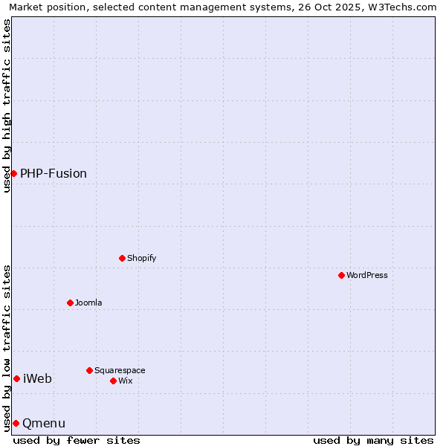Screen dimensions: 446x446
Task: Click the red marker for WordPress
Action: tap(341, 275)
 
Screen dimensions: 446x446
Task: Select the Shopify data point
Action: tap(122, 258)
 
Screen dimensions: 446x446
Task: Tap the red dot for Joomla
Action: tap(70, 303)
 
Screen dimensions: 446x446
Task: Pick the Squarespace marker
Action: tap(89, 370)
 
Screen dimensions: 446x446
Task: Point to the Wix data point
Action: tap(113, 381)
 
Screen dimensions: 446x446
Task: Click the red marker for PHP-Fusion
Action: tap(13, 173)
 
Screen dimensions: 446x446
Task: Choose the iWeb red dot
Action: tap(16, 378)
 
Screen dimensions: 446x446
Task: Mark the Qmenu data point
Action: tap(16, 423)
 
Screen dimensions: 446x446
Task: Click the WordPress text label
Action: tap(367, 275)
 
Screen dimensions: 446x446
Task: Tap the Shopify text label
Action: tap(142, 258)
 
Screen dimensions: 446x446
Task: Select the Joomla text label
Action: tap(88, 303)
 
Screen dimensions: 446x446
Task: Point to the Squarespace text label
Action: tap(120, 370)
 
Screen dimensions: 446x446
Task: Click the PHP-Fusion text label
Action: tap(54, 173)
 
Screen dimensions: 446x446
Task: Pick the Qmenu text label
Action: tap(44, 423)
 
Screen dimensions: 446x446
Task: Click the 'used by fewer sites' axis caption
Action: tap(77, 440)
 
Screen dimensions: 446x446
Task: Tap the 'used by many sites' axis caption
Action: tap(373, 440)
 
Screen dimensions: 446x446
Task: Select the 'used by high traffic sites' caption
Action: tap(7, 106)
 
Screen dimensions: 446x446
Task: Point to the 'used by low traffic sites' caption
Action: tap(7, 347)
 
